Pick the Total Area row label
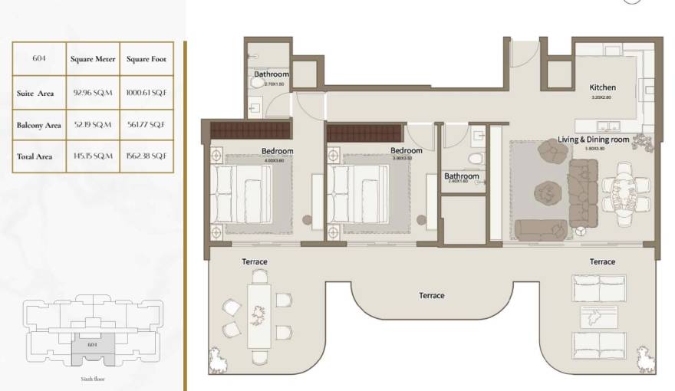[35, 156]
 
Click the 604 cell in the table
[39, 59]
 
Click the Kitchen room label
[602, 87]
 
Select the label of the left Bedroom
[277, 151]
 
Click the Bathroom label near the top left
[272, 74]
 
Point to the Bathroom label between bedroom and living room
[462, 176]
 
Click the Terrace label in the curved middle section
[431, 295]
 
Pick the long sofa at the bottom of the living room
[540, 228]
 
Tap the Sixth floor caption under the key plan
[92, 379]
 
